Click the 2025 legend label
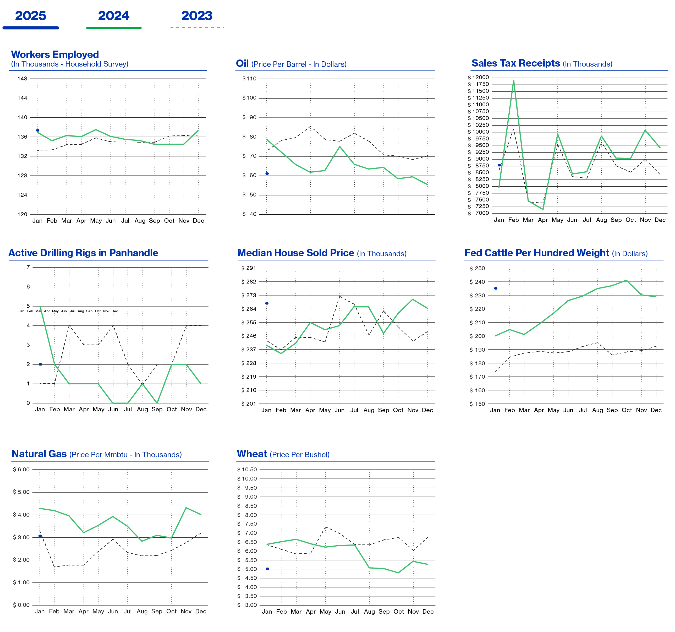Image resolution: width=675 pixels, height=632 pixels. tap(31, 16)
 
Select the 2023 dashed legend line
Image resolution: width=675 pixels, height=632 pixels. tap(197, 28)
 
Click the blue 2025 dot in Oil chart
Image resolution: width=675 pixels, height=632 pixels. tap(267, 173)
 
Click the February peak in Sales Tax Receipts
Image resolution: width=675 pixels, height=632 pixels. tap(514, 80)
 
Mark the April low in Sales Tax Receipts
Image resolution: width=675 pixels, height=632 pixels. tap(543, 209)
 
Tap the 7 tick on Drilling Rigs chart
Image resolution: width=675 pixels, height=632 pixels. tap(28, 267)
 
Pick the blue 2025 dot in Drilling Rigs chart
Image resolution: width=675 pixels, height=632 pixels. tap(40, 364)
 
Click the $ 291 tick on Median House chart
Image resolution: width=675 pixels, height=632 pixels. tap(249, 268)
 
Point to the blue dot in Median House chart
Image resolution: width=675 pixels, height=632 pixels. tap(267, 303)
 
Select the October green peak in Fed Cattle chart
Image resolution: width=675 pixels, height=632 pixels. tap(627, 280)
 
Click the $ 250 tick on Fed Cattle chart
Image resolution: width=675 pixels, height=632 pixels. tap(477, 268)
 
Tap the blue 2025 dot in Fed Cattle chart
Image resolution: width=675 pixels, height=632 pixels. tap(496, 288)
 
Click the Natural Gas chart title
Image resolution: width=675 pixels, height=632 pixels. tap(39, 454)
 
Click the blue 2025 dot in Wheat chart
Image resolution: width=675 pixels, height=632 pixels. tap(267, 569)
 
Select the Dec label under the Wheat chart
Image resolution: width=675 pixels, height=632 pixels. tap(428, 611)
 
